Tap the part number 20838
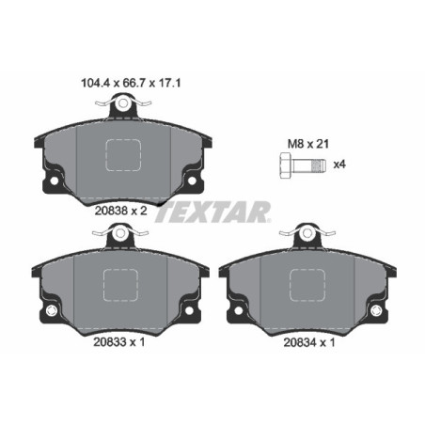coord(112,212)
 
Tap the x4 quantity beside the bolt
coord(343,165)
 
